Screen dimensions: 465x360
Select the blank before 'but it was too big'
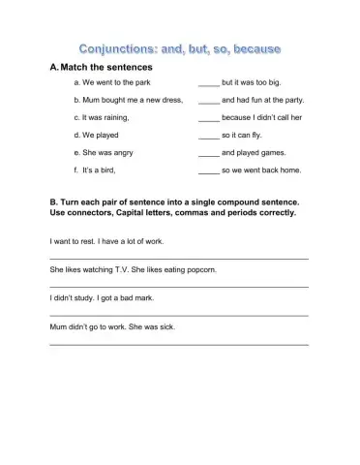pyautogui.click(x=208, y=85)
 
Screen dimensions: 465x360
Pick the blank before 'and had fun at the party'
pyautogui.click(x=208, y=103)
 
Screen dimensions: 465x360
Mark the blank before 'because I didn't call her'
pyautogui.click(x=208, y=119)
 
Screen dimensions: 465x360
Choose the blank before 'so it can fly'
pyautogui.click(x=208, y=137)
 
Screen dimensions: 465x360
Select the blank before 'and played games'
pyautogui.click(x=208, y=154)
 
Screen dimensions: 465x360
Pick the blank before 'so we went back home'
pyautogui.click(x=208, y=171)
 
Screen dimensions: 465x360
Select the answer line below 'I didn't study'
pyautogui.click(x=179, y=316)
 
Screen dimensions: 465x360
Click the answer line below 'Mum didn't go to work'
pyautogui.click(x=179, y=345)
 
